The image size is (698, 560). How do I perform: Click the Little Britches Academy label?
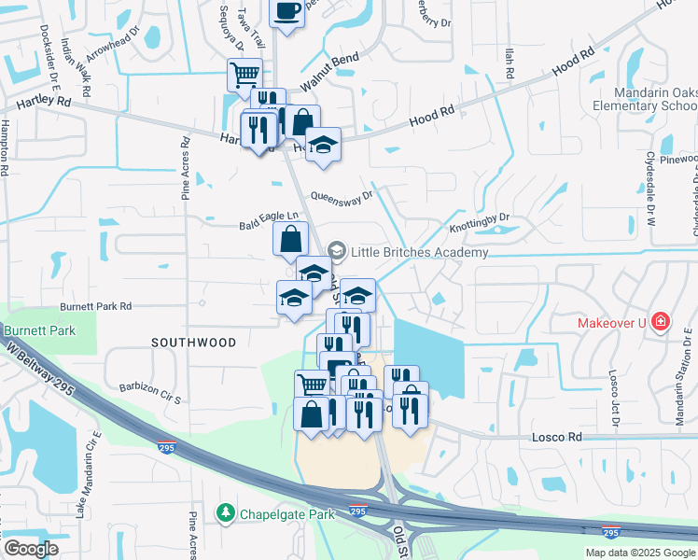419,252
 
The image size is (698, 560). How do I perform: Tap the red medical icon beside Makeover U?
661,322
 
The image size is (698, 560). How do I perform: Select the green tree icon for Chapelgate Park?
225,512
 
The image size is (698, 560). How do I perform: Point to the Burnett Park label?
37,330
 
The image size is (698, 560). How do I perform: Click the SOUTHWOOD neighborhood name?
194,343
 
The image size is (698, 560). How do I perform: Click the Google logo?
31,549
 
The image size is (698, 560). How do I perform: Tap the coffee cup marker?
286,11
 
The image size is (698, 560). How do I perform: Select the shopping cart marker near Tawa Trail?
244,74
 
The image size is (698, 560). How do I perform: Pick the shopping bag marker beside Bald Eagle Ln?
290,238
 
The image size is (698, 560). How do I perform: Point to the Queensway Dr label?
342,197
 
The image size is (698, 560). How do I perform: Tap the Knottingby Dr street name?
480,223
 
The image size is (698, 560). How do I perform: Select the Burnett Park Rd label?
96,306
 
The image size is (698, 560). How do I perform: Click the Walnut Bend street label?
329,73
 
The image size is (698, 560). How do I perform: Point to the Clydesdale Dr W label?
650,201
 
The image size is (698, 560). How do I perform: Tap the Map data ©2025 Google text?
640,553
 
